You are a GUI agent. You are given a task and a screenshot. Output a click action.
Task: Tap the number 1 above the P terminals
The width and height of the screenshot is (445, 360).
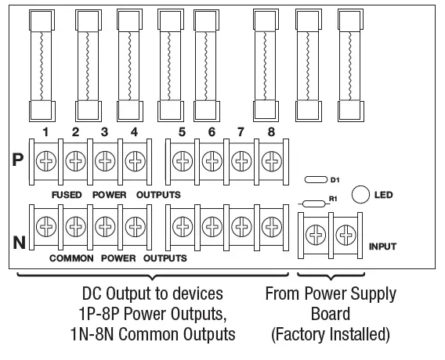pos(47,131)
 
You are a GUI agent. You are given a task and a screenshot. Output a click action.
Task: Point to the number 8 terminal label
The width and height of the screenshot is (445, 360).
pos(270,131)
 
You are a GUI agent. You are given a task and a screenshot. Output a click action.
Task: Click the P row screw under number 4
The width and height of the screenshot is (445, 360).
pos(133,161)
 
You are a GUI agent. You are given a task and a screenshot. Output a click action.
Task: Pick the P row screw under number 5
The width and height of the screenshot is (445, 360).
pos(182,161)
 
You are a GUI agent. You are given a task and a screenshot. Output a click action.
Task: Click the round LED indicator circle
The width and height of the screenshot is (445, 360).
pos(361,194)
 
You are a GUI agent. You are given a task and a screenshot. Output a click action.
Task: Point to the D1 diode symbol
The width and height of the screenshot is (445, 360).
pos(316,180)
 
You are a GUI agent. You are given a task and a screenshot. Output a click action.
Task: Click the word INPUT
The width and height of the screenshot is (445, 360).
pos(382,247)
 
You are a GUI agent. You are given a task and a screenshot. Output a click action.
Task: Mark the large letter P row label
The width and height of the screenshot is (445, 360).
pos(18,160)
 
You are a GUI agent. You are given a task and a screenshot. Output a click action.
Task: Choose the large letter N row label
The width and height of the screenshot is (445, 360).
pos(18,243)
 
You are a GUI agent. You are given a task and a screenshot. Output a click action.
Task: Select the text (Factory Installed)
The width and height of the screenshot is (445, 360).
pos(330,335)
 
